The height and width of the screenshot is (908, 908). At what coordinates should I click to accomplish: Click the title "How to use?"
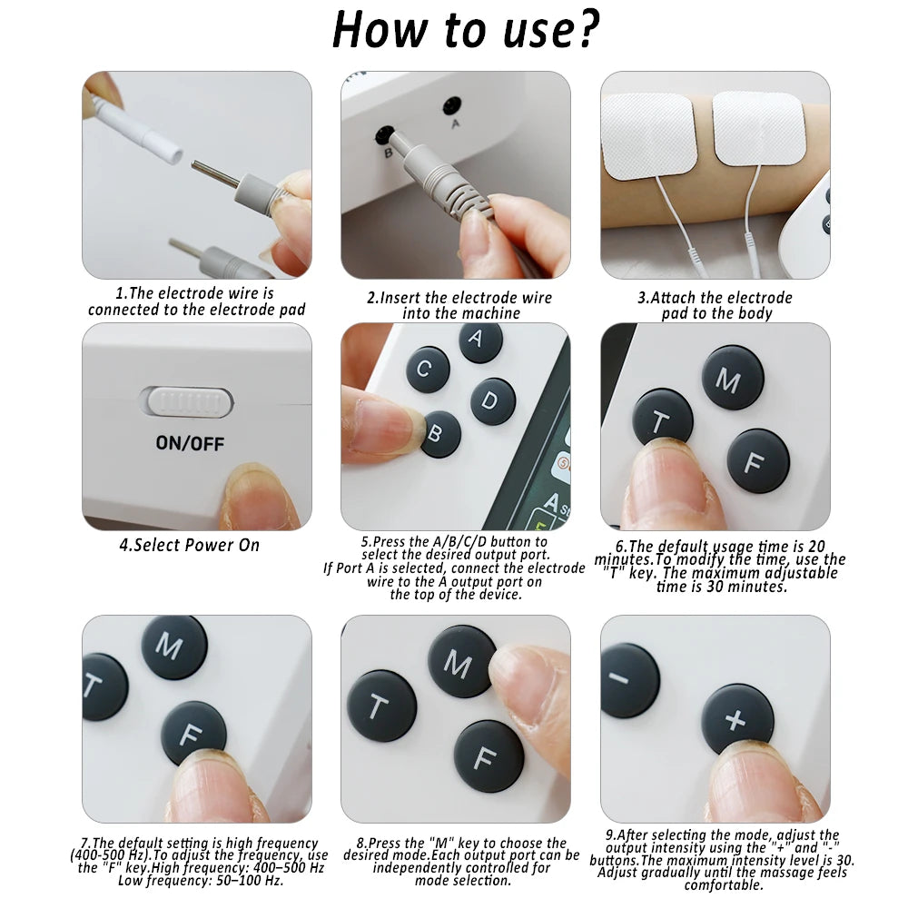(x=466, y=30)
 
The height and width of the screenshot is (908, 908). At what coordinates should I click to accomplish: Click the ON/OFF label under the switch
(x=190, y=444)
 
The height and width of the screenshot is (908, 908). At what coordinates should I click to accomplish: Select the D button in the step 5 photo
(x=493, y=401)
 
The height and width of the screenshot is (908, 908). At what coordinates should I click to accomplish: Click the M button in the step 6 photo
(x=732, y=378)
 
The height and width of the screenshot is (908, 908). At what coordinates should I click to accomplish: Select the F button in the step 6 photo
(x=757, y=461)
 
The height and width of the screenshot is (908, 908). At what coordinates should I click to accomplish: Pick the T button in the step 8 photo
(x=381, y=706)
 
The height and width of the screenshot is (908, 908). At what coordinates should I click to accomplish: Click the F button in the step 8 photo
(x=489, y=755)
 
